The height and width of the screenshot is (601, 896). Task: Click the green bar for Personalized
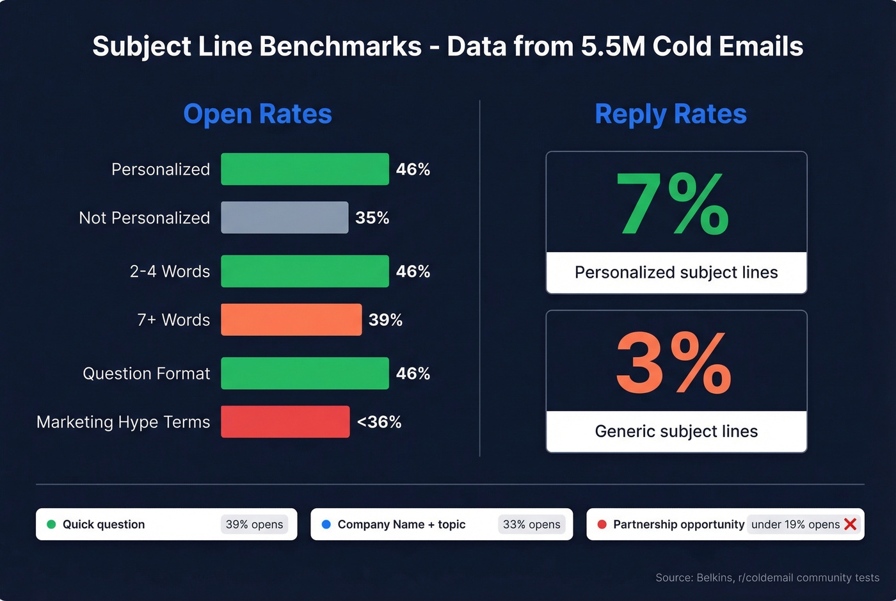[x=305, y=169]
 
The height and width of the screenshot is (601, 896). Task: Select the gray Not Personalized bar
[x=285, y=218]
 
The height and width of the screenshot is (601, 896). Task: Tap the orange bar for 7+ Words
[x=291, y=319]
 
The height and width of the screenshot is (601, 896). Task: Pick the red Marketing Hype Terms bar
[x=285, y=422]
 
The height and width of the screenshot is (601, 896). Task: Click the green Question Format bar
[x=305, y=373]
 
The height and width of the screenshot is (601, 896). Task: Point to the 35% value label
[x=372, y=218]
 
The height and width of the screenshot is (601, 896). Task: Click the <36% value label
[x=379, y=422]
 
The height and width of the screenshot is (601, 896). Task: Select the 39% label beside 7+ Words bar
[x=385, y=319]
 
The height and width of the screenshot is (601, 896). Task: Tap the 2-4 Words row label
[x=170, y=271]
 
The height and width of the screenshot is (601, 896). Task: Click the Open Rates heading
[x=257, y=114]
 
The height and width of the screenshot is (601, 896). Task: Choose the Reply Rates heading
[x=670, y=114]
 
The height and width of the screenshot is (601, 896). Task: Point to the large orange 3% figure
[x=673, y=364]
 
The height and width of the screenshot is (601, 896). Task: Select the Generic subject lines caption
[x=676, y=431]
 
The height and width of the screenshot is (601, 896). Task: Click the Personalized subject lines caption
[x=676, y=273]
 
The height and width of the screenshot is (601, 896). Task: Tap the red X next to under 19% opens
[x=850, y=524]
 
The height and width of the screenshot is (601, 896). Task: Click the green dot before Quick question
[x=51, y=524]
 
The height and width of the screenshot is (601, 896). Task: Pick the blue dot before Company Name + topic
[x=326, y=524]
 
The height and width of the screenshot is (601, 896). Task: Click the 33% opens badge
[x=531, y=524]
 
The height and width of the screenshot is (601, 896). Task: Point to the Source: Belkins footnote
[x=767, y=577]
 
